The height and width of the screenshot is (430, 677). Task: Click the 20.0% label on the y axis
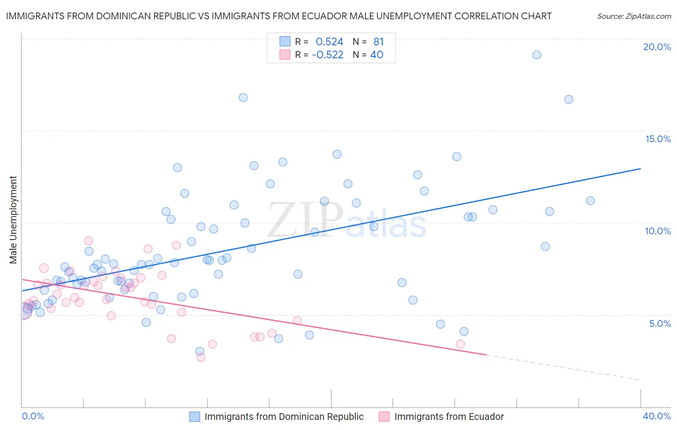click(657, 47)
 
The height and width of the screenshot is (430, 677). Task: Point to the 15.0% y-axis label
click(658, 139)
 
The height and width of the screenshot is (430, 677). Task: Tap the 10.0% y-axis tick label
click(658, 231)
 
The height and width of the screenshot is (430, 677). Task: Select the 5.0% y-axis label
click(660, 323)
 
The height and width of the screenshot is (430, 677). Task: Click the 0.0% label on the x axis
click(33, 416)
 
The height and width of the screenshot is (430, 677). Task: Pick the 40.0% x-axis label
click(657, 416)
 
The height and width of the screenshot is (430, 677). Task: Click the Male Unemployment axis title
click(13, 220)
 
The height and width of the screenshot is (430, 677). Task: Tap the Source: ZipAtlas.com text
click(634, 16)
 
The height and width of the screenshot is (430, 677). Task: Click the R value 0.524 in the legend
click(329, 42)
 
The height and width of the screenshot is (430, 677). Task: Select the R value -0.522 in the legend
click(327, 55)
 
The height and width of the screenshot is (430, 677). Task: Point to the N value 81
click(378, 42)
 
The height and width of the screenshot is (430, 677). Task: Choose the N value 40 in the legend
click(377, 55)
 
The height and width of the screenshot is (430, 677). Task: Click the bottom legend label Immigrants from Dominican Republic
click(284, 417)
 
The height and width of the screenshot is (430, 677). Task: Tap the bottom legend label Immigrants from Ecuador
click(449, 417)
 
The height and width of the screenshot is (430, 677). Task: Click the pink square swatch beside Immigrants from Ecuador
click(384, 417)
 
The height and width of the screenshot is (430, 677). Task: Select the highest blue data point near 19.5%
click(537, 55)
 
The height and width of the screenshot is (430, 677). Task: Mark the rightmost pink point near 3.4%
click(460, 344)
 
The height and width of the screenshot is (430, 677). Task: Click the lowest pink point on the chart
click(201, 357)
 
